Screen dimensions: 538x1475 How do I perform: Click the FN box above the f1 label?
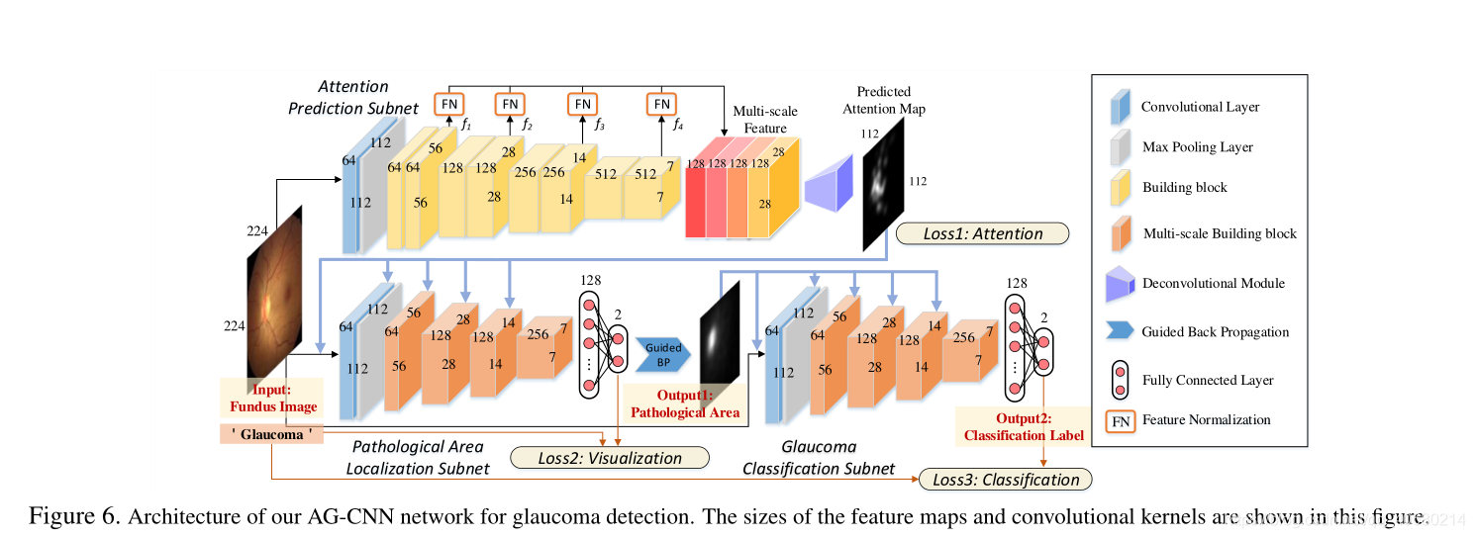(448, 104)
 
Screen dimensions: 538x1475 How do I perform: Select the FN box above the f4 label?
(661, 104)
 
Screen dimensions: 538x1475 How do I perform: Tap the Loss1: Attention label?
(982, 234)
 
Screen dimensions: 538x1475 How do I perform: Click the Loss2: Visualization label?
(609, 458)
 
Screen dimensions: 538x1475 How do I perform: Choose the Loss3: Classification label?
(1005, 480)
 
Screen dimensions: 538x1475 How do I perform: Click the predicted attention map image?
(884, 184)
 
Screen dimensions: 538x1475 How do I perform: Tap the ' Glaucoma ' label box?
(271, 434)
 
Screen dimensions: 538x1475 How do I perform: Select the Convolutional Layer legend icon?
(1121, 108)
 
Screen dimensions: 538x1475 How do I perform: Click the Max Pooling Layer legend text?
(1197, 147)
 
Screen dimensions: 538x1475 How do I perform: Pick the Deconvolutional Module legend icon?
(1121, 284)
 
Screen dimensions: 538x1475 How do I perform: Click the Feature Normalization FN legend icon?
(1120, 420)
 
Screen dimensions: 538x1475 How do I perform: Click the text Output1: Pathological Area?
(684, 404)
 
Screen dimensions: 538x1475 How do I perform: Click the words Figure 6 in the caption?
(72, 516)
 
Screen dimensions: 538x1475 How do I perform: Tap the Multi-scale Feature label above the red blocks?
(764, 120)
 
